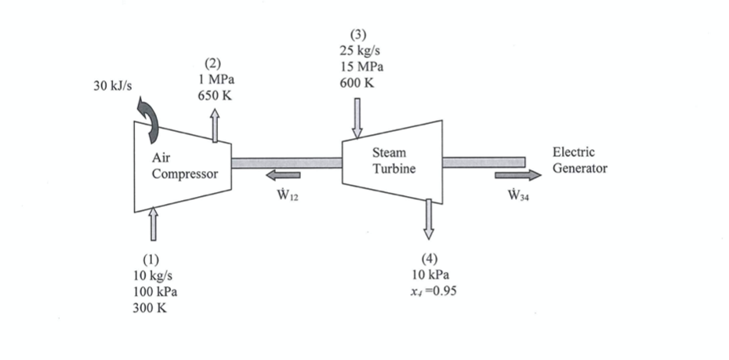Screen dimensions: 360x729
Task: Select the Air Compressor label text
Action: (184, 166)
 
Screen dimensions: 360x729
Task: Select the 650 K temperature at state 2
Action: (215, 96)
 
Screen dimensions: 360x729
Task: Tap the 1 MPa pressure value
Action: (214, 79)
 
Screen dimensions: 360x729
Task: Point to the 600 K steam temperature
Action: (357, 83)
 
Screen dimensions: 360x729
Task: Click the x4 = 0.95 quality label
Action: (433, 291)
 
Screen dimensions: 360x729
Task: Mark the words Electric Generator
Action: (579, 160)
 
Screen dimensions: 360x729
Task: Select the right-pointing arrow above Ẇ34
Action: (517, 175)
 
